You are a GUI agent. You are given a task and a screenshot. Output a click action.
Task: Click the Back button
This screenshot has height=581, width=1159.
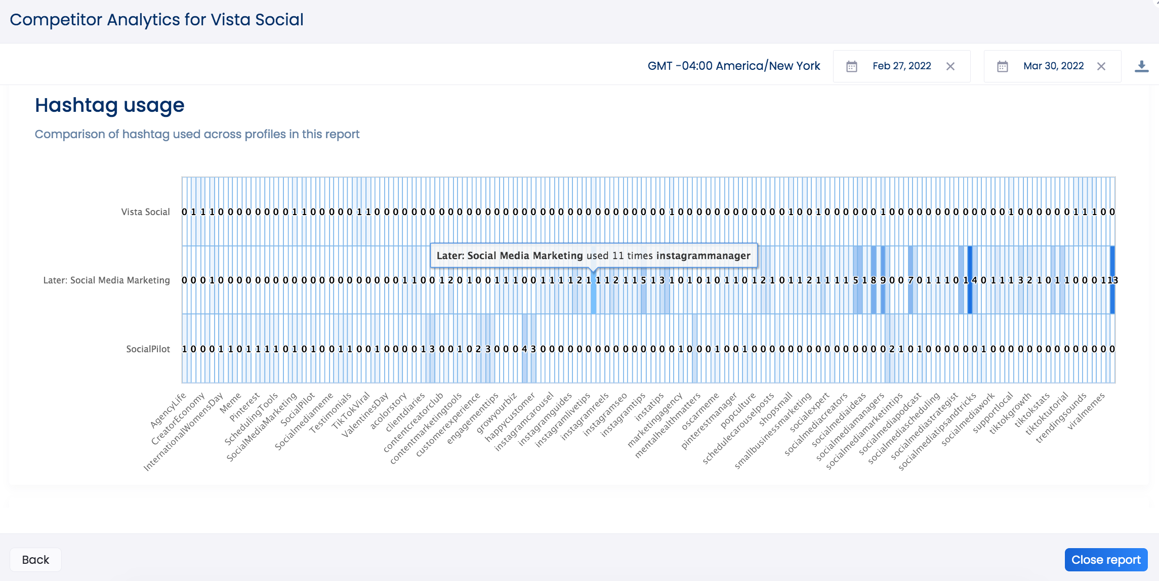[x=35, y=560]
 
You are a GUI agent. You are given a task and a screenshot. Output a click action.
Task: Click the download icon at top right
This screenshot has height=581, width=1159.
[x=1141, y=66]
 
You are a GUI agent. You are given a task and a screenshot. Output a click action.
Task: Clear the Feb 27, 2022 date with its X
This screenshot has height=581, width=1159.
[x=950, y=66]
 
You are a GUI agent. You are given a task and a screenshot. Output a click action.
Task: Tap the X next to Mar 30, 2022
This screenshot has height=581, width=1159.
[x=1101, y=66]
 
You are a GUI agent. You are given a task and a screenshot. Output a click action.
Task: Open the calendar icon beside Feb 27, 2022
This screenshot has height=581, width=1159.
[x=852, y=66]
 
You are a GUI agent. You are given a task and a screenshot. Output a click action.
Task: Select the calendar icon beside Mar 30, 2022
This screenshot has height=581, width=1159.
[x=1003, y=66]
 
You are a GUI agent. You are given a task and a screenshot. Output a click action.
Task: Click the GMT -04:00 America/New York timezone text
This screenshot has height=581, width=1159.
[x=734, y=66]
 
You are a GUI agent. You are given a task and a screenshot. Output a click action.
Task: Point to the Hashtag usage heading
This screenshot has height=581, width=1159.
[x=109, y=105]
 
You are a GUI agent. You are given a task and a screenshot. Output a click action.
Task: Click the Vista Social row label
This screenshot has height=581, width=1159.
[x=145, y=212]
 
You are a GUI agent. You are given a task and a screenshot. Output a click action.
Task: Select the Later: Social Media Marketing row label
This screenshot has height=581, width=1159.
[x=106, y=280]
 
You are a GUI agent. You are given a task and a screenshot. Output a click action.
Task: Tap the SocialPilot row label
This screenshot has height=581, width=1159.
[x=148, y=349]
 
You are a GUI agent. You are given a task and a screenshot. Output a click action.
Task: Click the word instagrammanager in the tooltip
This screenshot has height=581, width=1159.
[x=703, y=256]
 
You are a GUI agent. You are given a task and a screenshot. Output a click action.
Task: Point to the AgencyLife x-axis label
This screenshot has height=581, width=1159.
[x=169, y=410]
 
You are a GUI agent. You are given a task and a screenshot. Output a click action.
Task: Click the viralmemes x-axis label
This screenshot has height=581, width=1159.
[x=1086, y=411]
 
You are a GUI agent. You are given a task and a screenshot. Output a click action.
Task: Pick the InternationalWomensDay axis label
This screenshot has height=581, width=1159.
[x=183, y=432]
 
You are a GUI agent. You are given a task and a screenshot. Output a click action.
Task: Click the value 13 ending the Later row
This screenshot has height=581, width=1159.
[x=1113, y=280]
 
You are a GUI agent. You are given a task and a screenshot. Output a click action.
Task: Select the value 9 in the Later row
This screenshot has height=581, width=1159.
[x=883, y=280]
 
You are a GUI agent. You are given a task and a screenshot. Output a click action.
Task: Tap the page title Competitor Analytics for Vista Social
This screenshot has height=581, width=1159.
[x=156, y=20]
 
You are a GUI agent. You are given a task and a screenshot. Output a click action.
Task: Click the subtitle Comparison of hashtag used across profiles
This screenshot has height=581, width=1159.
[x=197, y=134]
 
